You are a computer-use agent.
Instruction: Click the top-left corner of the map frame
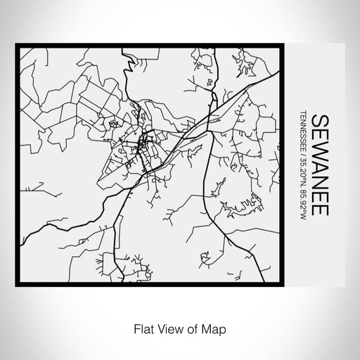17,46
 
